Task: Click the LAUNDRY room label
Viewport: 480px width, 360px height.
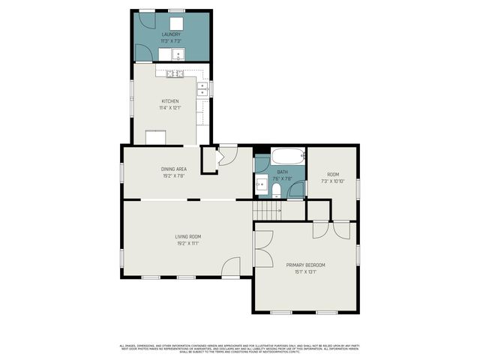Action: [x=172, y=34]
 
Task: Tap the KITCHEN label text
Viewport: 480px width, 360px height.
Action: [x=170, y=101]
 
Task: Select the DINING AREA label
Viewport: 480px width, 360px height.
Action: [x=172, y=169]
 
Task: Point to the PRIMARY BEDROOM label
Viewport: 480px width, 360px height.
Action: [x=306, y=265]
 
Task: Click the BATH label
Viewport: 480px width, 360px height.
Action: [x=282, y=172]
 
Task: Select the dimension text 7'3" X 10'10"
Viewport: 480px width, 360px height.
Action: [x=333, y=181]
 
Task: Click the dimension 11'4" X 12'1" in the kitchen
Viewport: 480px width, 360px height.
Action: [x=170, y=108]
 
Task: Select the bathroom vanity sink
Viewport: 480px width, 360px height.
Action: [x=262, y=182]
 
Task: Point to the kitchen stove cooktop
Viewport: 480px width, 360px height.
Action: [x=174, y=73]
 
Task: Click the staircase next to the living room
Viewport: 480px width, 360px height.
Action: [x=268, y=211]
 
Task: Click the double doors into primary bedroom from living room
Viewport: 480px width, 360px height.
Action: [x=262, y=248]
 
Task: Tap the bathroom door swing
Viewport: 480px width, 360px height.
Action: [x=297, y=190]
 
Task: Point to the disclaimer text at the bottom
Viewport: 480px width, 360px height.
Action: [x=240, y=348]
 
